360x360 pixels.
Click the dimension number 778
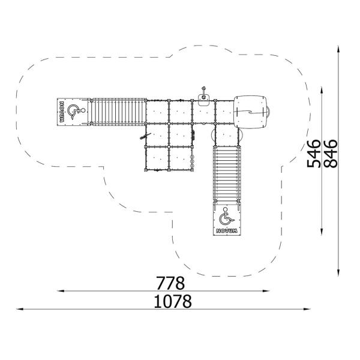tap(170, 283)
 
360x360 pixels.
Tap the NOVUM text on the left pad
tap(61, 111)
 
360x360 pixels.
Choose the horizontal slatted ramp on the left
tap(118, 112)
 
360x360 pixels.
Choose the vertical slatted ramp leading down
tap(226, 174)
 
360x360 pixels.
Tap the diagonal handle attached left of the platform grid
tap(142, 137)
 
